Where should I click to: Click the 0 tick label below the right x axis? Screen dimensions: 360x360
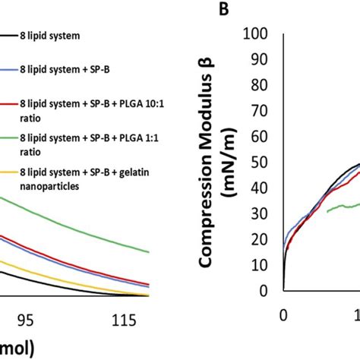(x=283, y=314)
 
